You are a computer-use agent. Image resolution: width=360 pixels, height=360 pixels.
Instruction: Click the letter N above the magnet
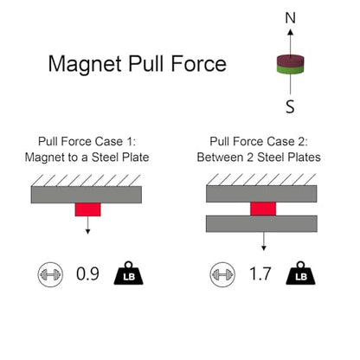(291, 18)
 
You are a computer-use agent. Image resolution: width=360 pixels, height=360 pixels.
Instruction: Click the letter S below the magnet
(290, 106)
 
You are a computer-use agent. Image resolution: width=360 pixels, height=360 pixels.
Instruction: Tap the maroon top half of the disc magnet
(291, 60)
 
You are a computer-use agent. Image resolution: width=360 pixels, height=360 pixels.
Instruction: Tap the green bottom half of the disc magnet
(291, 69)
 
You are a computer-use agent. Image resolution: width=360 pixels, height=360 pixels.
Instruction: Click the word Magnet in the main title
(85, 64)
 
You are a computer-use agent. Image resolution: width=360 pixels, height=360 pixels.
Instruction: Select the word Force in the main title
(199, 63)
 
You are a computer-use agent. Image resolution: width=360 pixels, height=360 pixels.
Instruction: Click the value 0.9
(87, 273)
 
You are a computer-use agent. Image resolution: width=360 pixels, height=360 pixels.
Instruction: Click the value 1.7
(260, 273)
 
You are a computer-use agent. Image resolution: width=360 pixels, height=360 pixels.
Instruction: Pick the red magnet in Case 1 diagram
(88, 209)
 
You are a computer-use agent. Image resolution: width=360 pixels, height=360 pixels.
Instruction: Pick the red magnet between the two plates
(263, 209)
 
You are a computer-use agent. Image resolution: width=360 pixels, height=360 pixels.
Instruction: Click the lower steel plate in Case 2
(261, 223)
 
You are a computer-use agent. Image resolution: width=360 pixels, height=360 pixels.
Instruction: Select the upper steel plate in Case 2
(261, 194)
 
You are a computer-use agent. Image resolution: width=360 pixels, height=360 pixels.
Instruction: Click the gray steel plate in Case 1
(87, 195)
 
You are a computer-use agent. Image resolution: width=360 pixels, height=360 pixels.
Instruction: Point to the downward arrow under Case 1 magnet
(88, 225)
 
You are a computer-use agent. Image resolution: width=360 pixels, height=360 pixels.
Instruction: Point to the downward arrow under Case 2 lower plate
(263, 241)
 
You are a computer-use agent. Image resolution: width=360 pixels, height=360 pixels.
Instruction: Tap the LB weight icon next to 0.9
(129, 273)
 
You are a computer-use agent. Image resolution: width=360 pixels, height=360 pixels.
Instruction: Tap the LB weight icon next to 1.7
(300, 273)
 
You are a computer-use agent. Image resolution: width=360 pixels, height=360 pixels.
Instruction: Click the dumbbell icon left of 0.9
(50, 274)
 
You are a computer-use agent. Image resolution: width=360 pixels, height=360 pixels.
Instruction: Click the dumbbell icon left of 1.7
(222, 274)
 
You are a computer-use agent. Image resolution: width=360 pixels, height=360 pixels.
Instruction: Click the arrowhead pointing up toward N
(291, 32)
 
